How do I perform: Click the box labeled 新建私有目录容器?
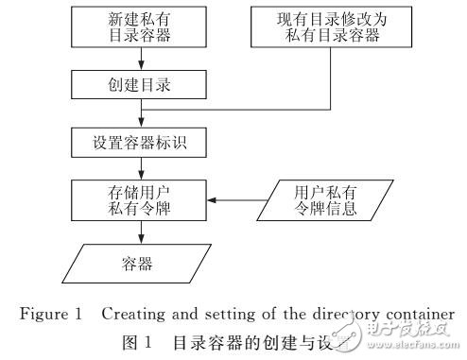coord(141,27)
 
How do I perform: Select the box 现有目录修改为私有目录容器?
coord(320,27)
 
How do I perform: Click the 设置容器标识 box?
coord(141,146)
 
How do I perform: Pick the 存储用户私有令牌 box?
coord(141,202)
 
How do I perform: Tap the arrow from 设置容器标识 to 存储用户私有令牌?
coord(141,172)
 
